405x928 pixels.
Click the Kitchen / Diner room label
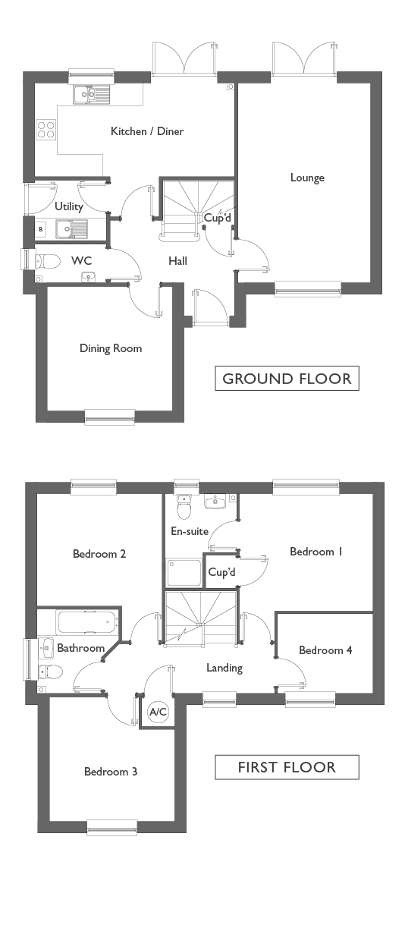tap(147, 131)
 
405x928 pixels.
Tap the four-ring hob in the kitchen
tap(46, 128)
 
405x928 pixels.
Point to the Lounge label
tap(307, 178)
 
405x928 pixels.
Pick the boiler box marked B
tap(41, 229)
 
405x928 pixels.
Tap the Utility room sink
tap(72, 228)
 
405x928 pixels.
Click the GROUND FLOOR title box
tap(287, 378)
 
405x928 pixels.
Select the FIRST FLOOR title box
tap(287, 767)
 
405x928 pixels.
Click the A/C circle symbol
tap(158, 712)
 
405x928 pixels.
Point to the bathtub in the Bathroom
tap(86, 622)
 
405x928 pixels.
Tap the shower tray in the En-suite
tap(184, 572)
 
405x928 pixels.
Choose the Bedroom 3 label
tap(111, 772)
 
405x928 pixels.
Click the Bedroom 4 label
tap(325, 650)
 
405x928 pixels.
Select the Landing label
tap(224, 668)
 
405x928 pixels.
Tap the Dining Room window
tap(110, 417)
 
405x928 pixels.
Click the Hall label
tap(177, 261)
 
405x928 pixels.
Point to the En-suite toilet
tap(184, 507)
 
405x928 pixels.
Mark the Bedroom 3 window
tap(111, 827)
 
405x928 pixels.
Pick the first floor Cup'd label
tap(221, 572)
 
